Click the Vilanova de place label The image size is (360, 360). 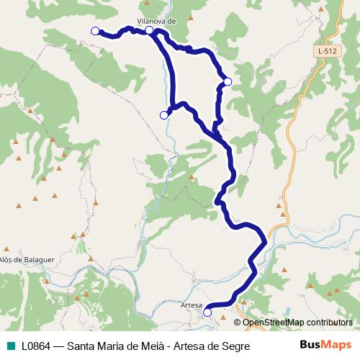[x=156, y=21]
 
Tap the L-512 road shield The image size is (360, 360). [x=326, y=52]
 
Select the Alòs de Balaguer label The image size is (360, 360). [x=27, y=258]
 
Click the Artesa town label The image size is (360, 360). [x=192, y=305]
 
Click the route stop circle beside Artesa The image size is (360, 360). [x=207, y=312]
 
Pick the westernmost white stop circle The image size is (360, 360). [x=95, y=31]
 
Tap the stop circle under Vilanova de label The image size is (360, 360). [x=149, y=30]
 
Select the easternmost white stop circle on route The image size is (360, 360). [x=228, y=82]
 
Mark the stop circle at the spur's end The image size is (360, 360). [x=163, y=114]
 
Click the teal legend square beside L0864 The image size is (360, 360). [x=11, y=346]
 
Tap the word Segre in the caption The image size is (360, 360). [x=235, y=346]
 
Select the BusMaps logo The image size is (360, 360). [x=325, y=345]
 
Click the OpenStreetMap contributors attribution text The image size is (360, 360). [x=297, y=322]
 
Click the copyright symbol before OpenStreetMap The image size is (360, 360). [x=238, y=322]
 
